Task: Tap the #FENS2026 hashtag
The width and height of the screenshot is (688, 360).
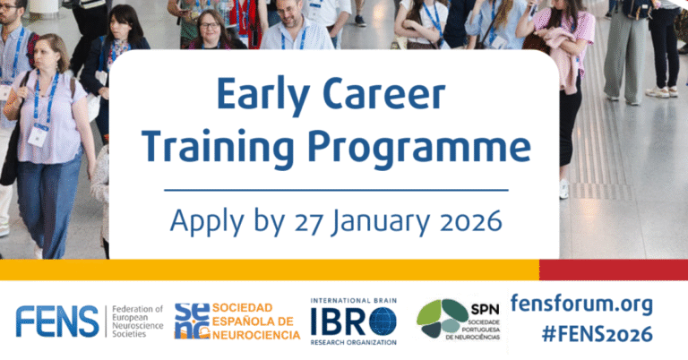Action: pyautogui.click(x=598, y=335)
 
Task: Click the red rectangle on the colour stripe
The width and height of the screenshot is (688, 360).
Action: pyautogui.click(x=613, y=270)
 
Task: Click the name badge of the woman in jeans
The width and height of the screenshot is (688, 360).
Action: pyautogui.click(x=38, y=135)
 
